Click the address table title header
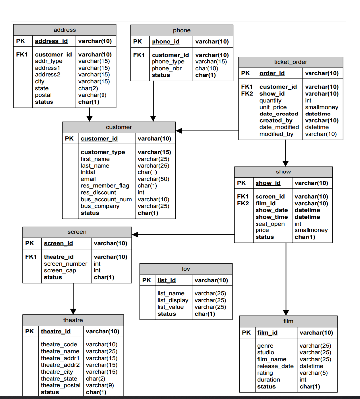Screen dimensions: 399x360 [x=65, y=30]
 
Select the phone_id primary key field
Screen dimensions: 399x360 [x=165, y=42]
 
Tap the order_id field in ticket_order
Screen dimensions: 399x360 [x=272, y=73]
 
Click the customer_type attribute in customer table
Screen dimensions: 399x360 [x=103, y=152]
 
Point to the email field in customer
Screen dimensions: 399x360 [x=88, y=179]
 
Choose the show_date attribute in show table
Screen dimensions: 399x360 [x=271, y=210]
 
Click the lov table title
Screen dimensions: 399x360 [x=186, y=269]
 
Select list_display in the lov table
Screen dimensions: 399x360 [x=173, y=300]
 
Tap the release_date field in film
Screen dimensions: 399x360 [x=275, y=366]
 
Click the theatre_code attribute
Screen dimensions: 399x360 [x=58, y=344]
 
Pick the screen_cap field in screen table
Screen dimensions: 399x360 [x=60, y=271]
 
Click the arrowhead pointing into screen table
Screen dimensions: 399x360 [x=135, y=234]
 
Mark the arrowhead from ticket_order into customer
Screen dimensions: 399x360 [x=180, y=131]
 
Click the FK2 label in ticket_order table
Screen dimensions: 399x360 [x=247, y=94]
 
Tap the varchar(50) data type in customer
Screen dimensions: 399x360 [x=153, y=179]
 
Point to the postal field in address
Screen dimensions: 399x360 [x=43, y=95]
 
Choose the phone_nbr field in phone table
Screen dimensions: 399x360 [x=167, y=68]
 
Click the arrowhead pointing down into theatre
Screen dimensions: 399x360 [x=73, y=310]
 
